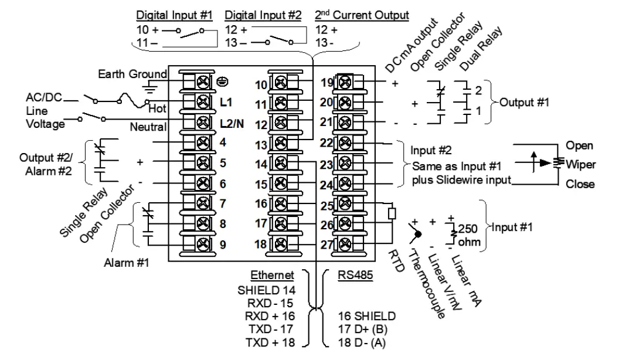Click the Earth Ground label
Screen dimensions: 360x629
(x=132, y=74)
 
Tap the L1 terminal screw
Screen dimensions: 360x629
(x=203, y=102)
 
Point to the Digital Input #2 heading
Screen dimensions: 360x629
(x=263, y=15)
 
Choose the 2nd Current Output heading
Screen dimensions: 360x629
(x=362, y=15)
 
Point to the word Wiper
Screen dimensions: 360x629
(x=580, y=165)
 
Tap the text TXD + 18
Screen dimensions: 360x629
(x=270, y=342)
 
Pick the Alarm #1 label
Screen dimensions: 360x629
(x=127, y=263)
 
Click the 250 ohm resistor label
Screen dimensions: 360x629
(x=469, y=235)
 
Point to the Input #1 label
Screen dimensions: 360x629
(x=512, y=227)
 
